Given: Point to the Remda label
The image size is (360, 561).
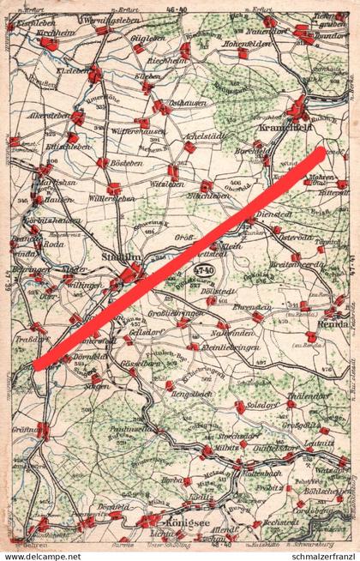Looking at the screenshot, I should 328,326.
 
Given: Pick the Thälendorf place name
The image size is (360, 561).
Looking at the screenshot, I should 308,395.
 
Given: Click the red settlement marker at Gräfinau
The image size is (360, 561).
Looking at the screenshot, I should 42,431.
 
